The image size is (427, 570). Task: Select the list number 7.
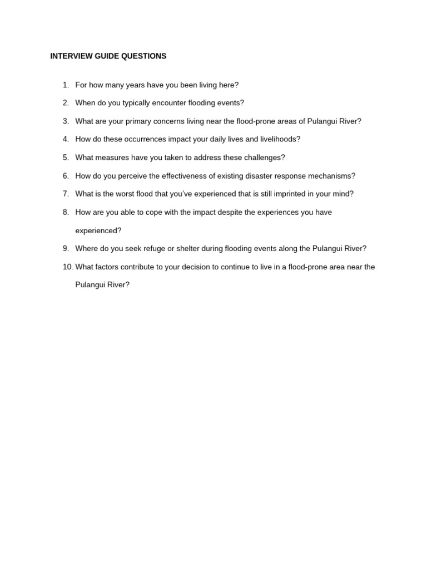point(66,194)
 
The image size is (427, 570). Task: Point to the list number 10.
point(68,267)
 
